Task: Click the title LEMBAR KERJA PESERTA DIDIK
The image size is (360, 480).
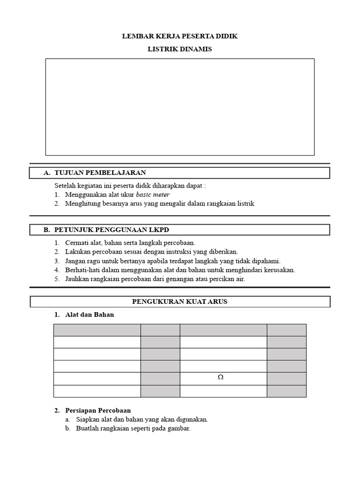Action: coord(180,36)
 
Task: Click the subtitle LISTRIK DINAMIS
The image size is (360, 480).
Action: coord(180,49)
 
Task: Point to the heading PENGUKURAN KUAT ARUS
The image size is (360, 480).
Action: coord(180,301)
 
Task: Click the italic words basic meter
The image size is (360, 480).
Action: coord(153,194)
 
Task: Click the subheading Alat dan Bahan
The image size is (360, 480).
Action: coord(89,315)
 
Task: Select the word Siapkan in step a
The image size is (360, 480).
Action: coord(87,420)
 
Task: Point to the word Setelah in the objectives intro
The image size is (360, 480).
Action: coord(65,185)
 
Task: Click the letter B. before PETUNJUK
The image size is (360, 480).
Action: coord(46,230)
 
